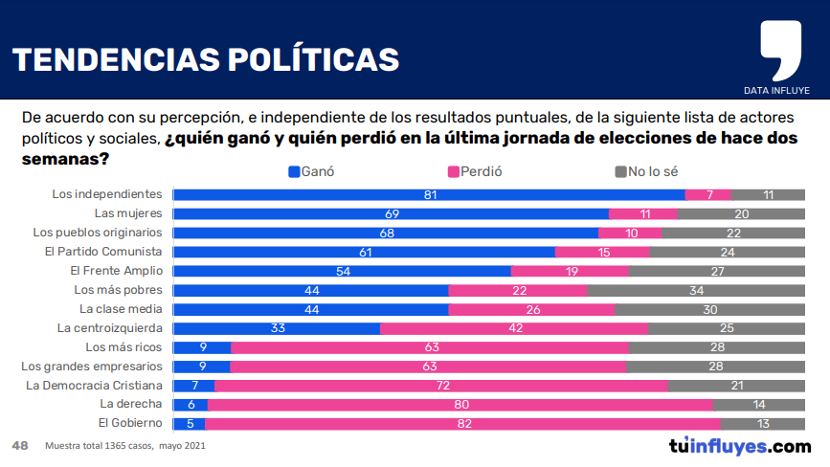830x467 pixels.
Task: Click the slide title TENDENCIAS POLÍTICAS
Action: [x=205, y=59]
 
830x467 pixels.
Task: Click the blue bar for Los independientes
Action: [x=429, y=194]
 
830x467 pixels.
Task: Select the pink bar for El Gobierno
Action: [x=462, y=424]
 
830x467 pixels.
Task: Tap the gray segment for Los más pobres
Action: [x=696, y=290]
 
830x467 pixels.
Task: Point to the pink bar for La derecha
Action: [x=460, y=405]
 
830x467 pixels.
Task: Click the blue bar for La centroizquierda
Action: [x=277, y=328]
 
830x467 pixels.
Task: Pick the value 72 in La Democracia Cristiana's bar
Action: [x=441, y=386]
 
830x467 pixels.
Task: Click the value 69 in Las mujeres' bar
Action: [x=391, y=213]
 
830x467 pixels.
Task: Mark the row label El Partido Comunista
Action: [x=102, y=252]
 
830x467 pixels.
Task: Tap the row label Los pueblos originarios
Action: [x=97, y=233]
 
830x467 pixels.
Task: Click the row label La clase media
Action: [x=121, y=309]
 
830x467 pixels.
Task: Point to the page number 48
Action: [x=19, y=446]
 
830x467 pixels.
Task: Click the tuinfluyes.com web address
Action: [x=739, y=446]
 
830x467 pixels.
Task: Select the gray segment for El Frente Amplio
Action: [x=716, y=271]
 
